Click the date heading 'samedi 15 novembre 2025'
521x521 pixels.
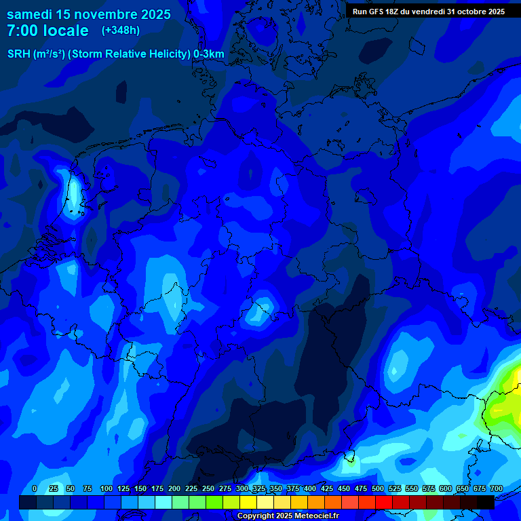[88, 14]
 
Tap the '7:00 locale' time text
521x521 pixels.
[47, 31]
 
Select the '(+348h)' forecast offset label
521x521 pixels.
[120, 31]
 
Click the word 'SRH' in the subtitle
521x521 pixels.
[18, 54]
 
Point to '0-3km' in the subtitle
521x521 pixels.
[209, 54]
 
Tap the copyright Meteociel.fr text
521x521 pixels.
[287, 516]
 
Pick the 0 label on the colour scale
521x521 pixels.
[35, 488]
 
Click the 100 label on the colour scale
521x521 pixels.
[107, 488]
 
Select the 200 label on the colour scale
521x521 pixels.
[174, 488]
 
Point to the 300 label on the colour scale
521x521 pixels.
[242, 488]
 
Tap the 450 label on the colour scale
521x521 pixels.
[344, 488]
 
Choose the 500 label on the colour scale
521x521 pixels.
[378, 488]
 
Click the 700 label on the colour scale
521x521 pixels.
[496, 488]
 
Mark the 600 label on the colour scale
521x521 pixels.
[446, 488]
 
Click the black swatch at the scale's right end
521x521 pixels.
[486, 502]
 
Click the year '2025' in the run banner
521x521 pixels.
[495, 12]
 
